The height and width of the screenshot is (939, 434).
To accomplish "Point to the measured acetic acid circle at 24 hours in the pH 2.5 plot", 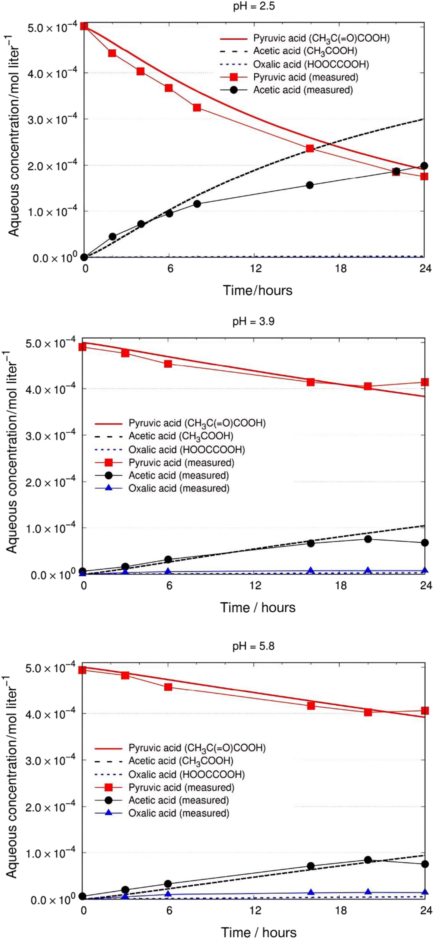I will [424, 166].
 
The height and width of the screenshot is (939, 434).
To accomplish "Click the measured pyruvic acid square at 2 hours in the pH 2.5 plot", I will [112, 53].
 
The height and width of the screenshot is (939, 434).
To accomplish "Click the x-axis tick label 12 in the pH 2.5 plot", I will [256, 269].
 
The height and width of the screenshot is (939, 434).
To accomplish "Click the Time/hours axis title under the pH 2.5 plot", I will [258, 291].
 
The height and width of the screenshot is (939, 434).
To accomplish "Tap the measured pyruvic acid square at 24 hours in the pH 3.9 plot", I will [424, 382].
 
